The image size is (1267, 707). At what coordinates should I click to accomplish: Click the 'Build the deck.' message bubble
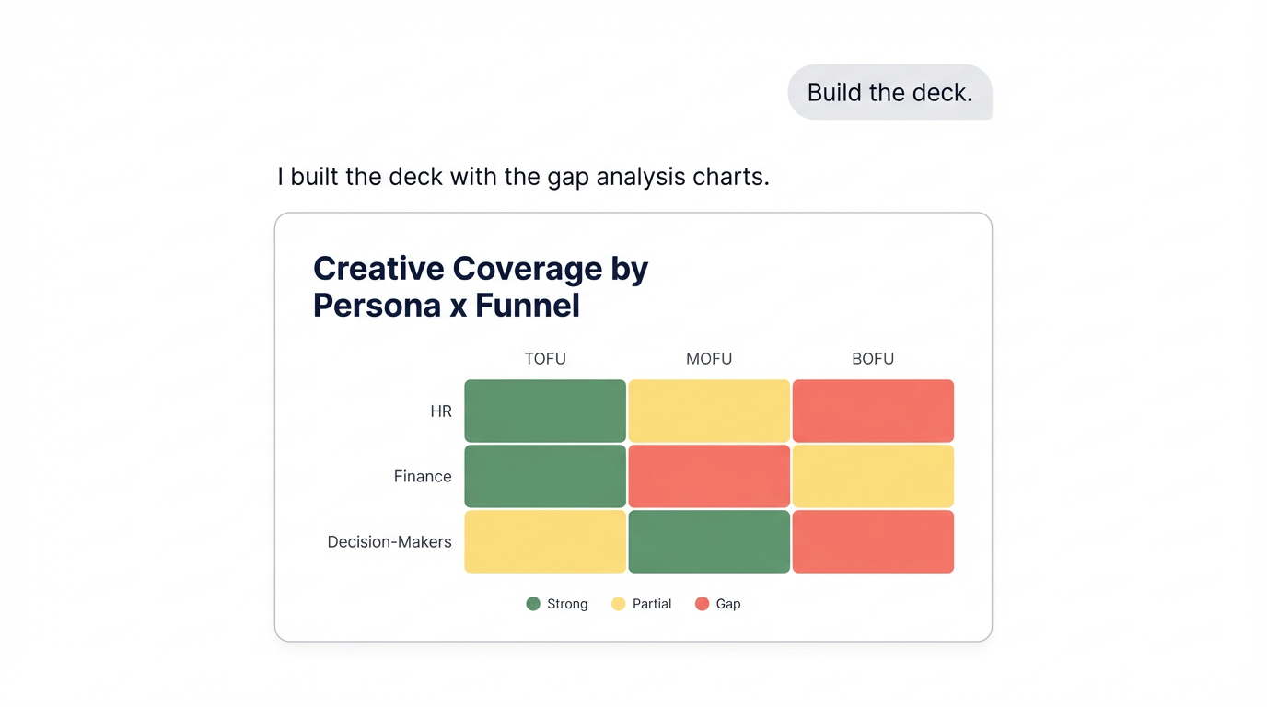click(889, 92)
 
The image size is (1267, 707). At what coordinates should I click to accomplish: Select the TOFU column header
click(545, 359)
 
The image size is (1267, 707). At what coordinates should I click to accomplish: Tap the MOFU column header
click(709, 359)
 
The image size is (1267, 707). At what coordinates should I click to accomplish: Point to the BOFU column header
click(873, 359)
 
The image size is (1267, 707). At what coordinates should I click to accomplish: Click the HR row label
click(441, 411)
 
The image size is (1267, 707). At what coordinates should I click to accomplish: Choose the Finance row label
click(423, 477)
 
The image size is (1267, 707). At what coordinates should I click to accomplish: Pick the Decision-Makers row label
click(389, 542)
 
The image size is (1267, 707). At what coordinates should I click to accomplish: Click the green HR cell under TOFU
click(545, 411)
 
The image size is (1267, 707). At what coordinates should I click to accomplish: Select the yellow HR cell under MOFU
click(709, 411)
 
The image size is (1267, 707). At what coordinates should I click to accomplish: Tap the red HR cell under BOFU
click(873, 411)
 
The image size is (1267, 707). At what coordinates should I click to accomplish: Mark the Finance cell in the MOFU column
click(709, 476)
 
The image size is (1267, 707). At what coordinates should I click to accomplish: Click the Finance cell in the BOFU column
click(873, 476)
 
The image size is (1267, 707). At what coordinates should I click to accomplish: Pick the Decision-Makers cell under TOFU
click(545, 541)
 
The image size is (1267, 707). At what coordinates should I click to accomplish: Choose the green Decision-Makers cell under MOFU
click(709, 541)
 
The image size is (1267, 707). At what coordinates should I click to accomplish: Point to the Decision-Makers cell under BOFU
click(873, 541)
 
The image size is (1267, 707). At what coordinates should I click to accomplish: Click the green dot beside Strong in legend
click(533, 604)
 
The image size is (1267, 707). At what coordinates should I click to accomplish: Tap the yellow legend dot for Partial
click(619, 604)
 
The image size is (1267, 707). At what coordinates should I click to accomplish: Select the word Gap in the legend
click(728, 604)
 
